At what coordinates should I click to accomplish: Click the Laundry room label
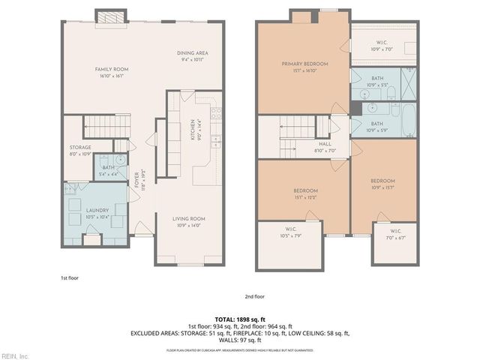(97, 214)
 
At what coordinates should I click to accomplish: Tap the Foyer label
(138, 180)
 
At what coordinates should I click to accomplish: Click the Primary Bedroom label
(302, 67)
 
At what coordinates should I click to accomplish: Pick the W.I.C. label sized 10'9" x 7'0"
(382, 46)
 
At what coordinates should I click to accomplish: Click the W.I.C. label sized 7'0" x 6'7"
(395, 233)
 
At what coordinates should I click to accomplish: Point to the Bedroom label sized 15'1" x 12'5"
(305, 193)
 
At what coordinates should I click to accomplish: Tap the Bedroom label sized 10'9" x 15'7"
(382, 184)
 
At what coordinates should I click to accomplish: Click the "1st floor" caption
(70, 278)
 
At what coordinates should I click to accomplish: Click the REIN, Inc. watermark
(15, 355)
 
